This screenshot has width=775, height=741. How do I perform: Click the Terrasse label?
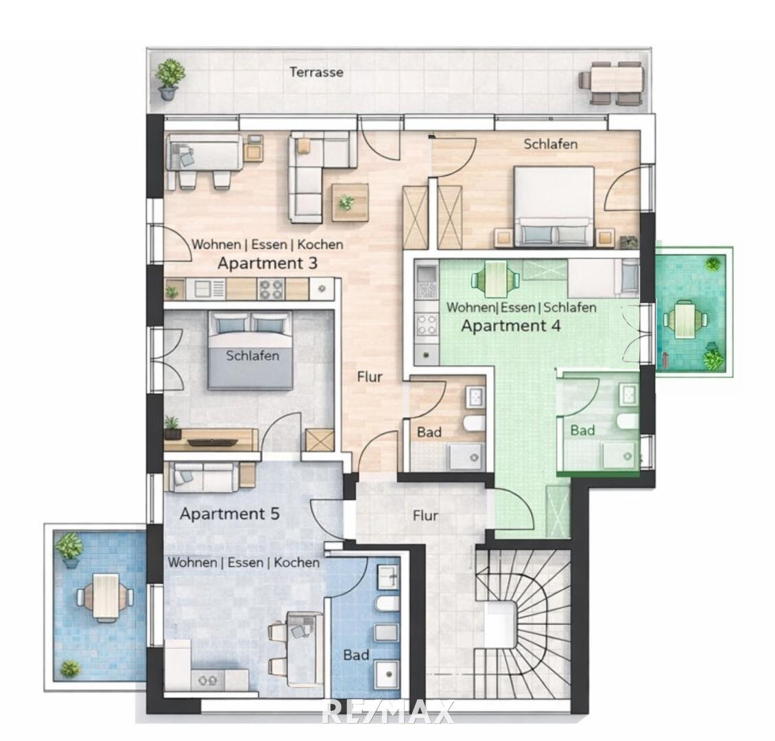coord(316,72)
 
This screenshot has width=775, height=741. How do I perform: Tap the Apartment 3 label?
coord(267,263)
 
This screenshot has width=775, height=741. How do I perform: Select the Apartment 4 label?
coord(510,326)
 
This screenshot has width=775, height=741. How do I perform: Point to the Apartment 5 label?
coord(230,514)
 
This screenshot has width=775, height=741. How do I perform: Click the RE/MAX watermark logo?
coord(387,712)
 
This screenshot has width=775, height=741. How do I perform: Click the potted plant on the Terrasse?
coord(169,79)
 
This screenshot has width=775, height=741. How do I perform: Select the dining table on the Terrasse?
coord(612,82)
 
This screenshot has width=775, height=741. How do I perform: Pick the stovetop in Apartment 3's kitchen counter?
coord(270,289)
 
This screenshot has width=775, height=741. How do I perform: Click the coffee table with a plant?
coord(350,202)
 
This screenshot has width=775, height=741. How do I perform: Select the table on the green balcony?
coord(684,319)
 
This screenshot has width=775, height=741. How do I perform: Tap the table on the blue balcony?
coord(106,597)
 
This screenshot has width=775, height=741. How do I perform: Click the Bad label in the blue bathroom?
coord(357,655)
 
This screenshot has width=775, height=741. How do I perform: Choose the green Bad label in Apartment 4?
coord(583,430)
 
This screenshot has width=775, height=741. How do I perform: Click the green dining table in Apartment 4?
coord(495,280)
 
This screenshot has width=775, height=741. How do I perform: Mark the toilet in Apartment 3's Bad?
coord(475,423)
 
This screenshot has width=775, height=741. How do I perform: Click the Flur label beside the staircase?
coord(425,516)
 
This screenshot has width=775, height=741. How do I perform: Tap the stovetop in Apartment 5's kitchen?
coord(208,681)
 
